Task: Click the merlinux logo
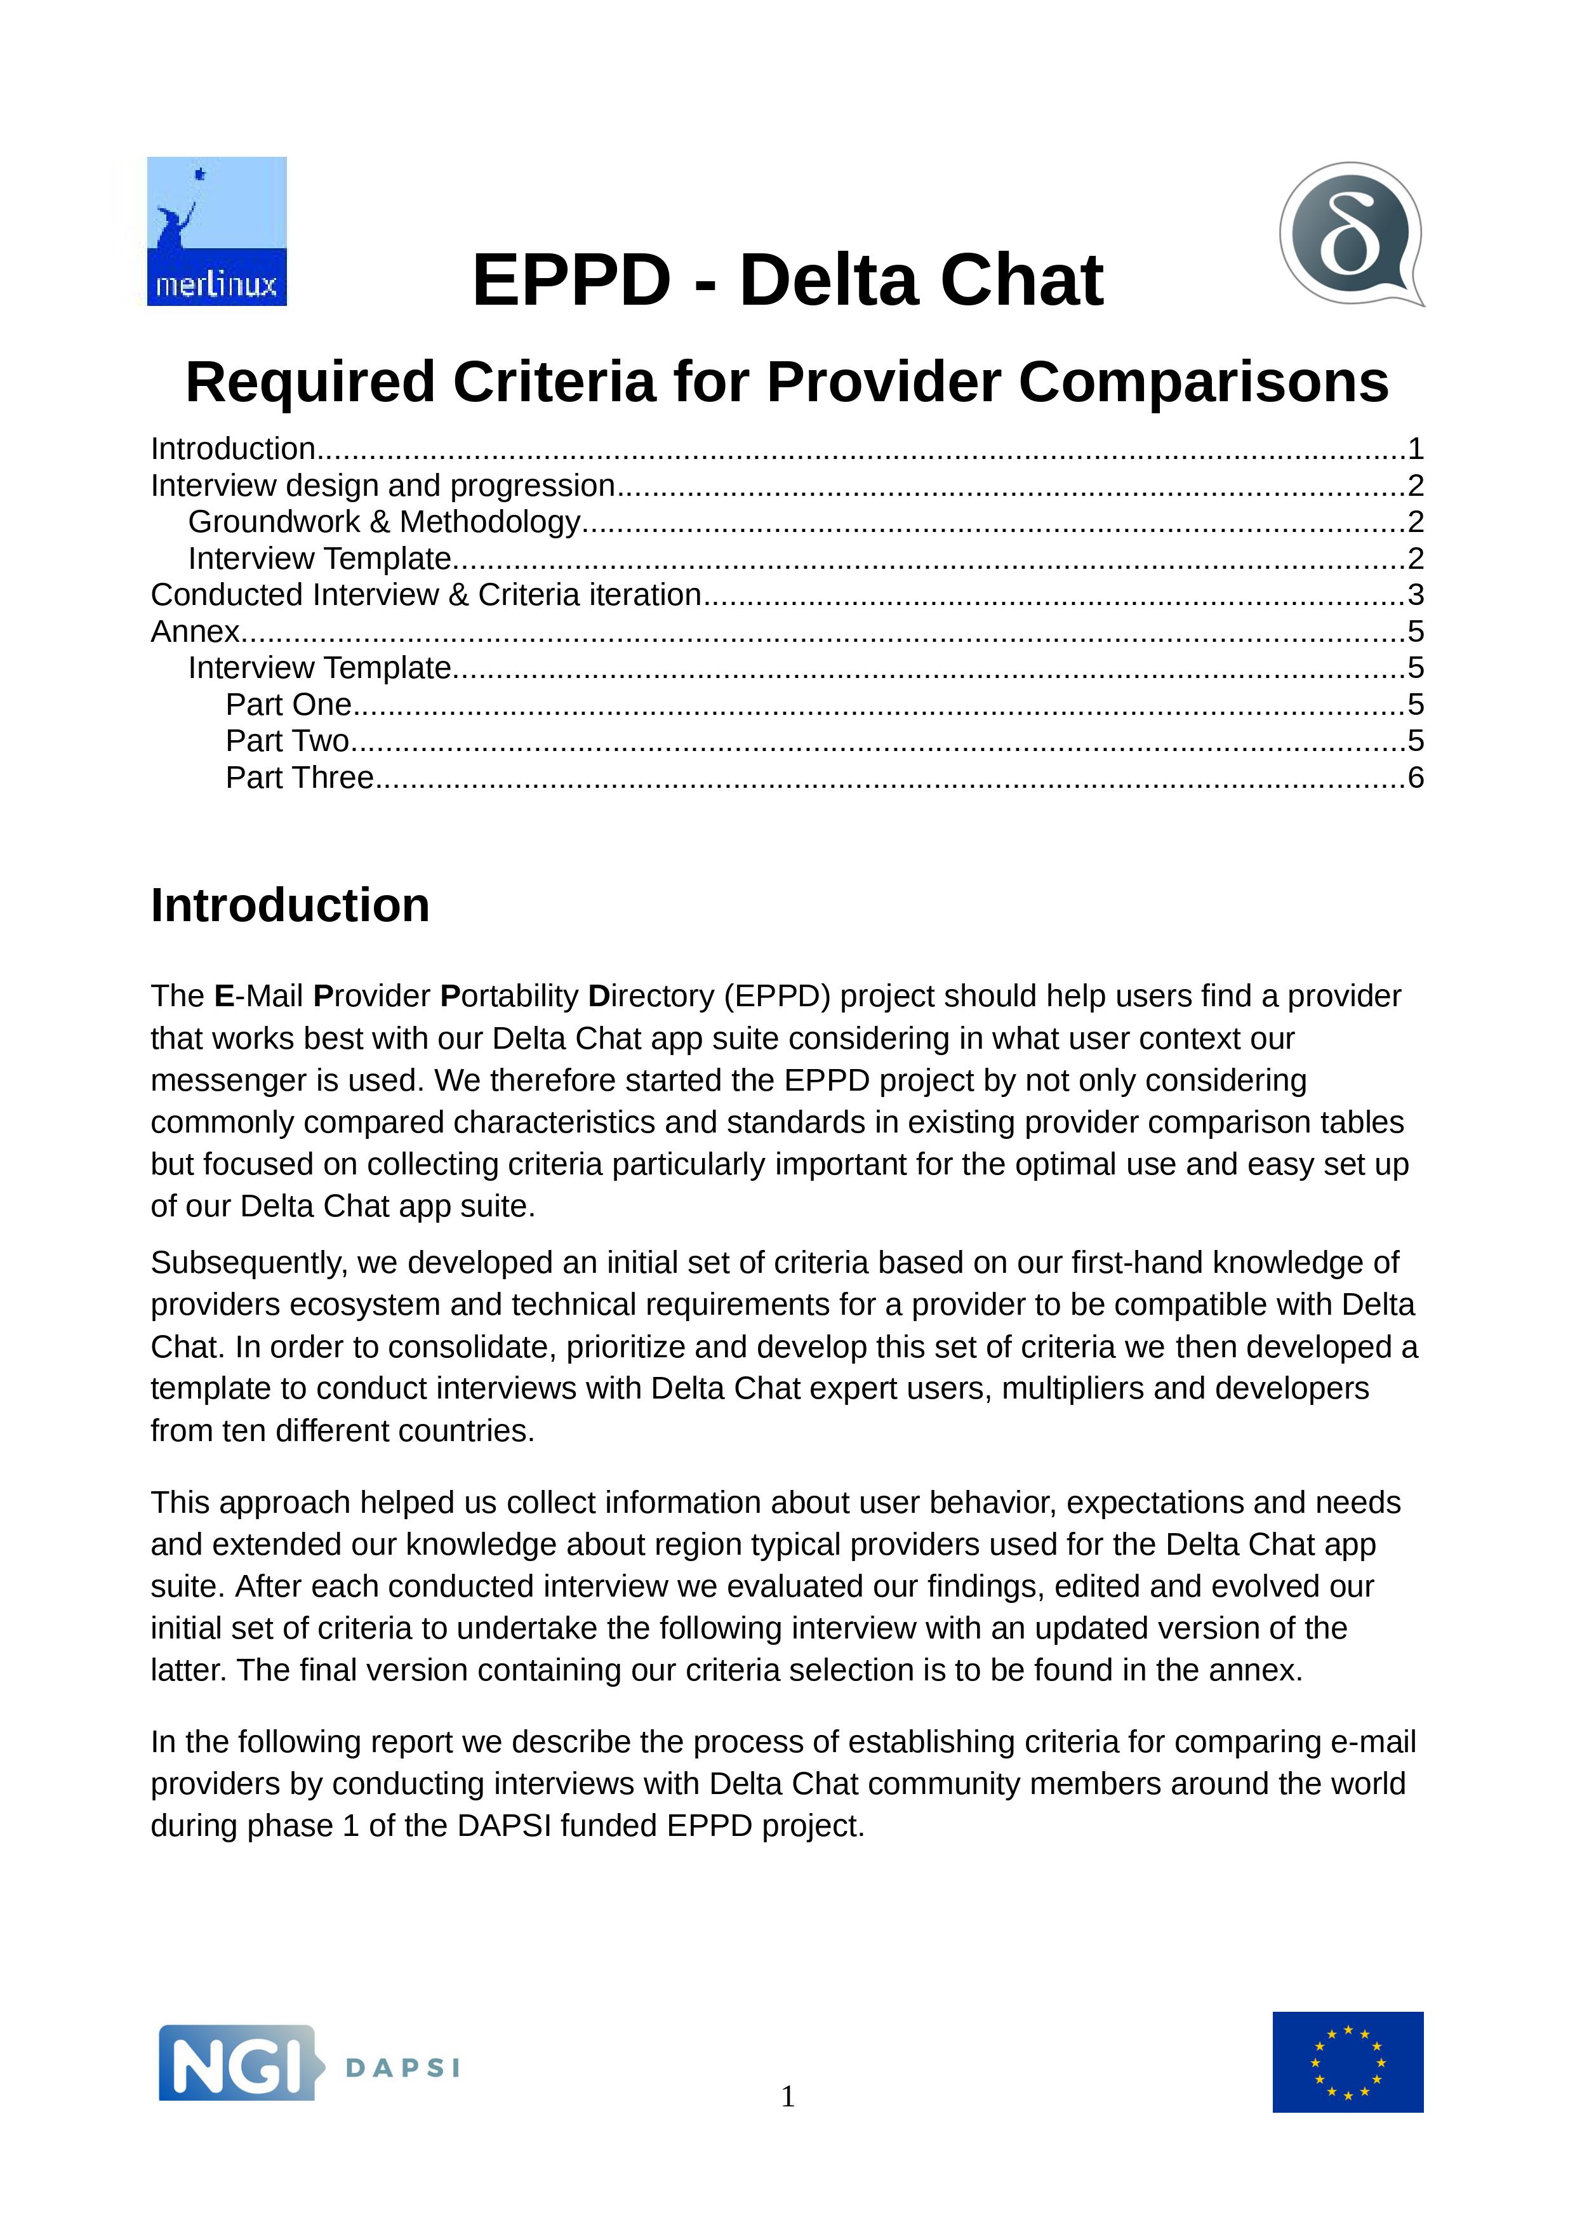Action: pos(216,231)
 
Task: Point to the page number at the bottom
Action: pos(787,2096)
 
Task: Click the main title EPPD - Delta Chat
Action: pos(787,281)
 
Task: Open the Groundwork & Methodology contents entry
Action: pos(384,522)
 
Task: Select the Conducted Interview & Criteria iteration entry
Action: pos(426,595)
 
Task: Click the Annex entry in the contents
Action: pos(195,632)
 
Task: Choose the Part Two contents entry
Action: pos(287,741)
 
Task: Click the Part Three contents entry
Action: pos(300,778)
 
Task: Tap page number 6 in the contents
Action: pos(1415,778)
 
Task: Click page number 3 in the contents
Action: pos(1415,595)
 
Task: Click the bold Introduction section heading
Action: pos(290,905)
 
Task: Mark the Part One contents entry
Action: pos(288,704)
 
